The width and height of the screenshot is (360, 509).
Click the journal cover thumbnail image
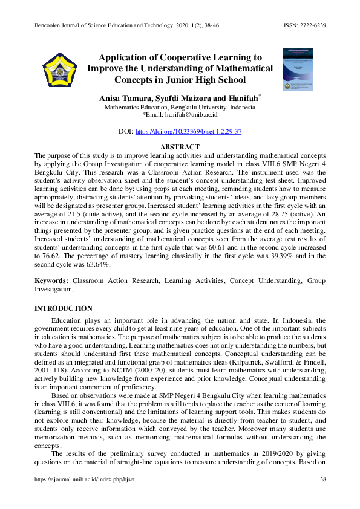[298, 70]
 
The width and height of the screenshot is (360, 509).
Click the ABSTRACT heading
[179, 147]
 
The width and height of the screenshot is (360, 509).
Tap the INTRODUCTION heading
[64, 308]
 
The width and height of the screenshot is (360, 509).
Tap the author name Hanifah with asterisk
[244, 98]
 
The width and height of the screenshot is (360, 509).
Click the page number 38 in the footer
[322, 479]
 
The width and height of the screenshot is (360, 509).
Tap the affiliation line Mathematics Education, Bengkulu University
[179, 107]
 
